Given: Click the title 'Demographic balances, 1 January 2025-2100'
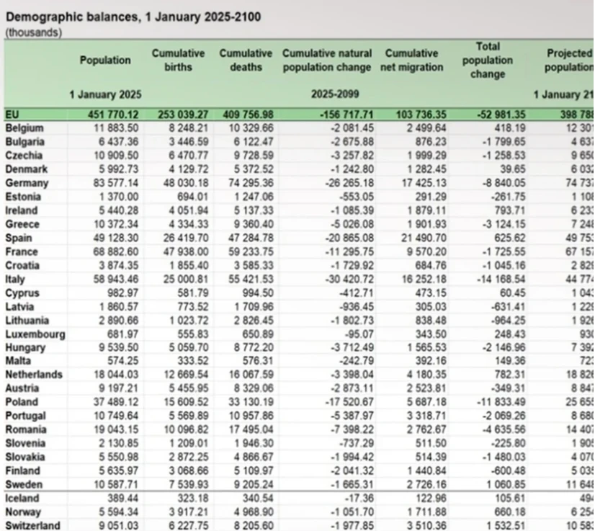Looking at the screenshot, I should click(x=133, y=16).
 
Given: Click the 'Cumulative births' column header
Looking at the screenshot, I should click(x=178, y=61).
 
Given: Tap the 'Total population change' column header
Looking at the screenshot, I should click(x=488, y=61).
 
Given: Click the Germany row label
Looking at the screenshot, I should click(x=26, y=183).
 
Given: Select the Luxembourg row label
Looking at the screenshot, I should click(x=35, y=334).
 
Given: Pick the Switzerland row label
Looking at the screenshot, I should click(x=33, y=525).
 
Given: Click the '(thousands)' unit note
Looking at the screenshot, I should click(x=33, y=32).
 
